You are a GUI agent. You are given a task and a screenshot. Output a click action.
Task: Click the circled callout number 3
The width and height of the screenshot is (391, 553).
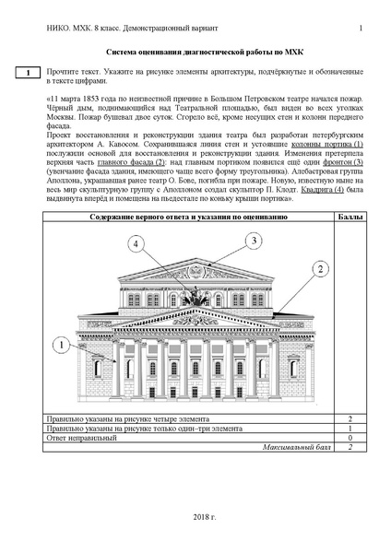[x=251, y=240]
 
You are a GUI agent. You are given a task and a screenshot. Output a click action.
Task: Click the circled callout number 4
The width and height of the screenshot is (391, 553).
[x=137, y=244]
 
